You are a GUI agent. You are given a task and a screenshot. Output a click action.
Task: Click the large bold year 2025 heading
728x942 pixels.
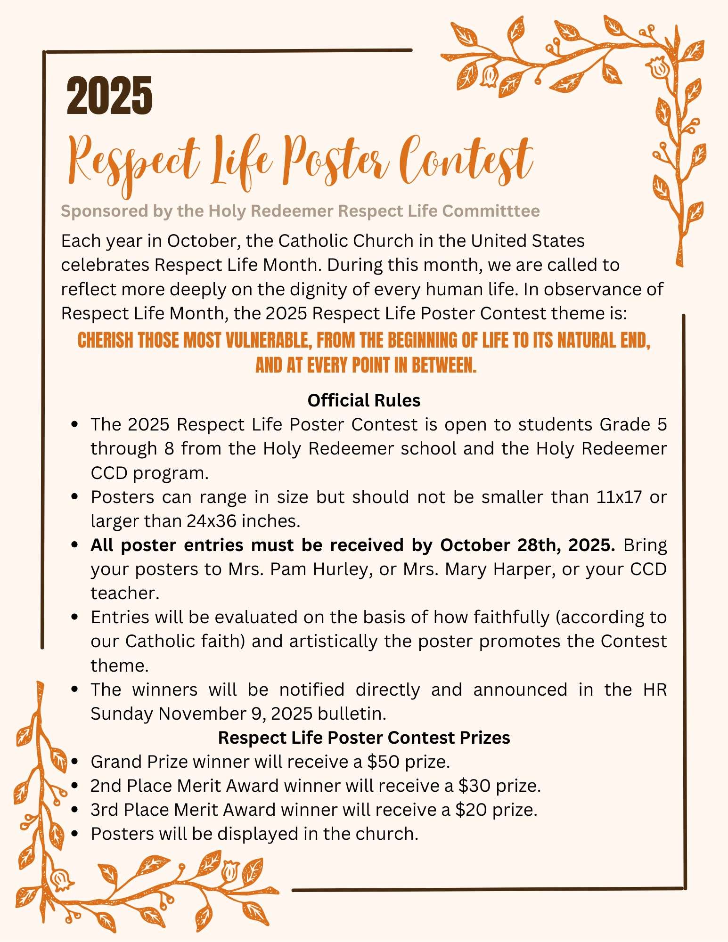point(109,96)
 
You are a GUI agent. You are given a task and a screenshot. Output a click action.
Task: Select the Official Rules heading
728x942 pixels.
point(364,400)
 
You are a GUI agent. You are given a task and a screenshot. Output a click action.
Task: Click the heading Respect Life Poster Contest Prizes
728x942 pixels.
point(364,738)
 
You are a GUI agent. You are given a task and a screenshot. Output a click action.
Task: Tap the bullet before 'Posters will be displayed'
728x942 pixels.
point(74,834)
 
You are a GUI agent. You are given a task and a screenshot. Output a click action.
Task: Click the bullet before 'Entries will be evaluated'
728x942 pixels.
point(74,617)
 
